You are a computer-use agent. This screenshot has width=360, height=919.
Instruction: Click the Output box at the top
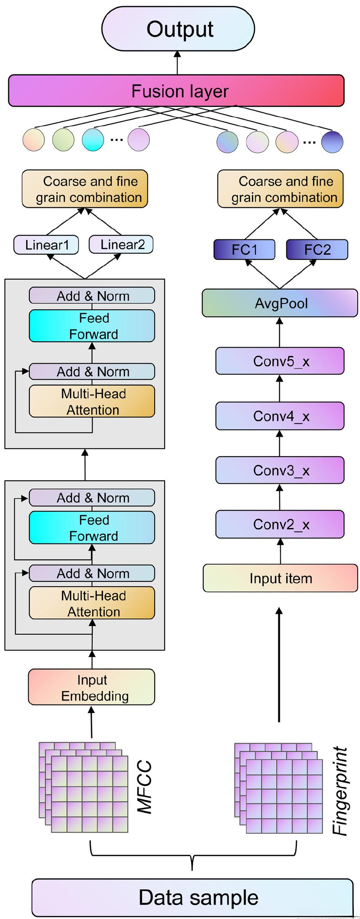[178, 29]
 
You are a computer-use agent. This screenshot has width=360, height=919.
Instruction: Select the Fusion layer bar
[176, 91]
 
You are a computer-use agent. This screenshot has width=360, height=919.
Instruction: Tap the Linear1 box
[46, 245]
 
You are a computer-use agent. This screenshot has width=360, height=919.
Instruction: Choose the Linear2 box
[121, 244]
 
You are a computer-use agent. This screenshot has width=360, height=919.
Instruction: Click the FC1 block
[244, 249]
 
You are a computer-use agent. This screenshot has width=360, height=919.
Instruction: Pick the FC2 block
[317, 249]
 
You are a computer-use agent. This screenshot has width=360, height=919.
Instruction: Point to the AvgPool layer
[280, 303]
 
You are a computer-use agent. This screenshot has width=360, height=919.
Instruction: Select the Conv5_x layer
[280, 361]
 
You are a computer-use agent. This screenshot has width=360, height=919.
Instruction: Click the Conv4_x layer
[280, 416]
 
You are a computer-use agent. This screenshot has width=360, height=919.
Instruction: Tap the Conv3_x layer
[280, 470]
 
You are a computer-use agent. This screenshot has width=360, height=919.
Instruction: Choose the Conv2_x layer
[280, 524]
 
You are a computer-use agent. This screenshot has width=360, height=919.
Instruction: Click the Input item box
[280, 578]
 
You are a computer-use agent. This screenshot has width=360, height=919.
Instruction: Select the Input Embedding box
[91, 687]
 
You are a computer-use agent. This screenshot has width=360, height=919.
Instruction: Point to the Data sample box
[192, 897]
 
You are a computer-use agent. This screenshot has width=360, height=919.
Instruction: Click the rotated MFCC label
[145, 787]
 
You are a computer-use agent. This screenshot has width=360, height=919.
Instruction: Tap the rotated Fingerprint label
[340, 790]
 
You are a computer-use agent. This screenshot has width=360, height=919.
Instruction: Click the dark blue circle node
[332, 142]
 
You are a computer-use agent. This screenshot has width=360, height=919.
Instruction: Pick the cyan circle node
[93, 140]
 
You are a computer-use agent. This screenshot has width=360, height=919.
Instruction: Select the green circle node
[63, 140]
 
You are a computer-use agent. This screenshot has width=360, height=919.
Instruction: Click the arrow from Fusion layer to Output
[177, 62]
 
